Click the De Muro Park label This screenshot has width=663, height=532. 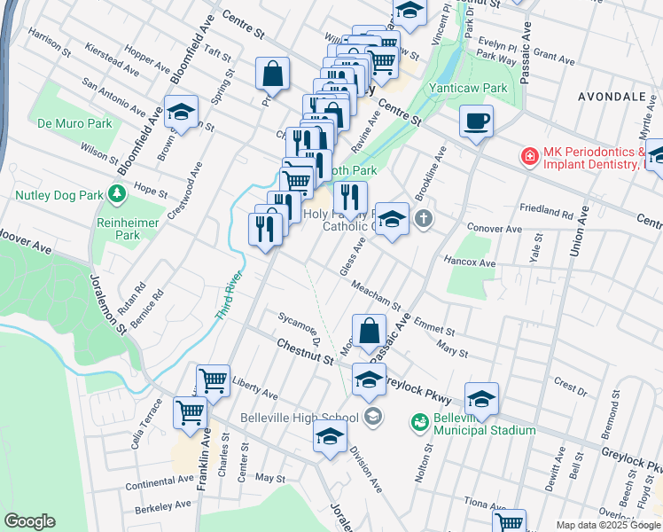pos(75,123)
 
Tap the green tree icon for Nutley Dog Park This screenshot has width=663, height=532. pos(116,193)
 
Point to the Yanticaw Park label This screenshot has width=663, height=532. pos(467,89)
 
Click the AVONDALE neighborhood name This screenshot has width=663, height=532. pos(612,95)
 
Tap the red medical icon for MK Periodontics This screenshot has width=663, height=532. pos(529,156)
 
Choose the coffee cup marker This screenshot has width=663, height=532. pos(476,121)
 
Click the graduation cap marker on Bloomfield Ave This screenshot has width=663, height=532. pos(180,113)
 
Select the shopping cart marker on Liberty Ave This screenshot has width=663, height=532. pos(213,381)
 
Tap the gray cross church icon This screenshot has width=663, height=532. pos(425,217)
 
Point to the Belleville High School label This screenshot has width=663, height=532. pos(300,418)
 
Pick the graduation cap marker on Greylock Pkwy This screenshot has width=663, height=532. pos(481,399)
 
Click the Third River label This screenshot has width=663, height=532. pos(228,295)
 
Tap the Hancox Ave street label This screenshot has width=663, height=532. pos(469,263)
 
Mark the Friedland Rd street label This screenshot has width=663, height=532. pos(547,213)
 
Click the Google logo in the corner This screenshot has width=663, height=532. pos(29,521)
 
